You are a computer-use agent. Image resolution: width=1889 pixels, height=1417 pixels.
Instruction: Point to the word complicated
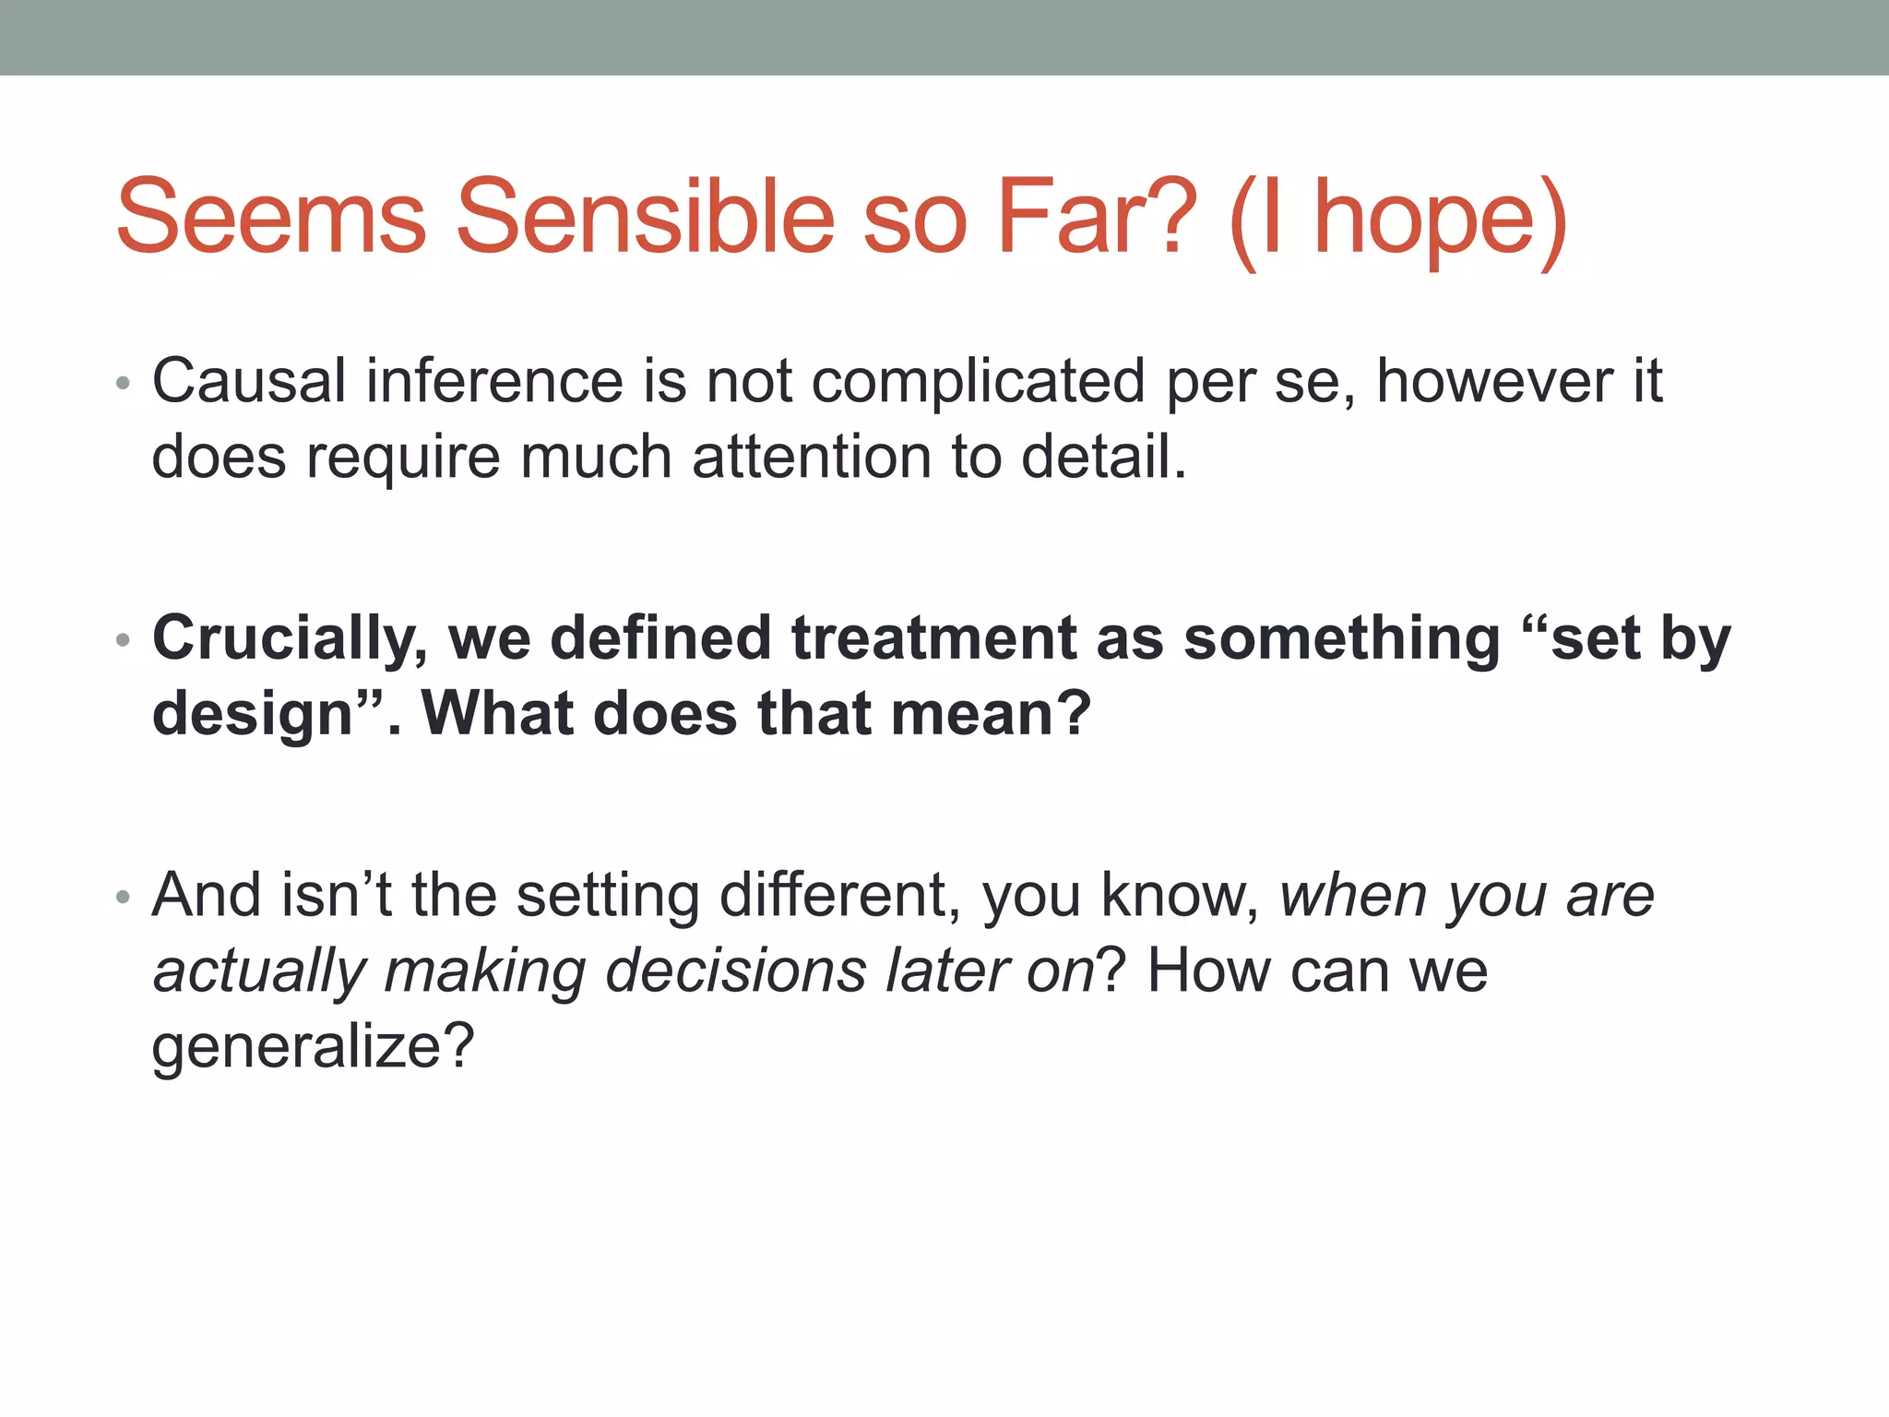[978, 382]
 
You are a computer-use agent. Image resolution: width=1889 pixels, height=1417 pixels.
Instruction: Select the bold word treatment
[933, 638]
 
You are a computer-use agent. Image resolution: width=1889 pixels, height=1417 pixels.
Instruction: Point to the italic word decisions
[736, 971]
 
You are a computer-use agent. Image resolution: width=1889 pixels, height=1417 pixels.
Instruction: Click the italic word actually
[259, 972]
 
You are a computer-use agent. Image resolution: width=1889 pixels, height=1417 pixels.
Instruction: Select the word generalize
[312, 1047]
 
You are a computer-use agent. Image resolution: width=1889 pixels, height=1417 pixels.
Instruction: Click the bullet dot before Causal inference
[124, 383]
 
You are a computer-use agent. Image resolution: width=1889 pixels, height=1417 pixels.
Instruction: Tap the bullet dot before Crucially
[124, 640]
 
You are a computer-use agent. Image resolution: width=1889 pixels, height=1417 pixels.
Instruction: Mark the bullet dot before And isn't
[124, 897]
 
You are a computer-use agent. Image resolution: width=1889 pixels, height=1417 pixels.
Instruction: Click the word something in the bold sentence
[1341, 638]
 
